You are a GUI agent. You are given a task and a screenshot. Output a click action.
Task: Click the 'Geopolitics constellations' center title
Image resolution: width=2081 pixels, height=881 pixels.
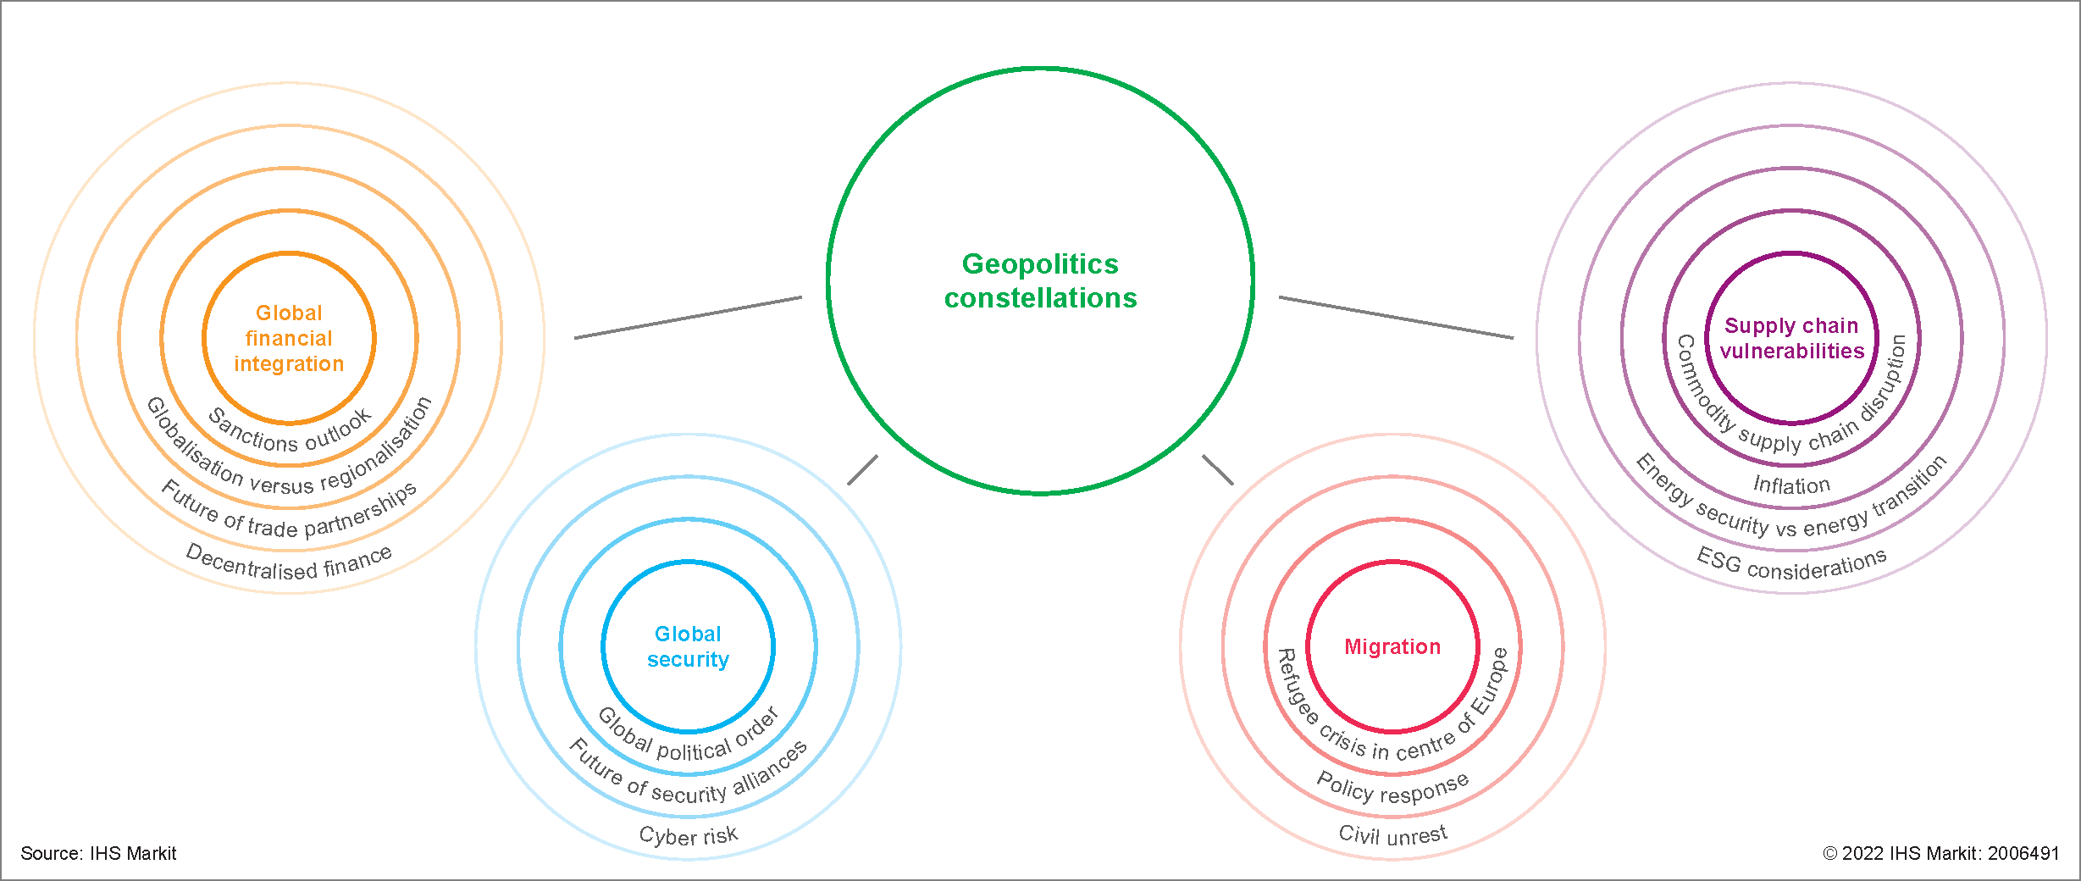(x=1040, y=281)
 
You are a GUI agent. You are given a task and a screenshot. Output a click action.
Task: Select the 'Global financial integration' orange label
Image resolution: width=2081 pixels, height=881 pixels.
(x=289, y=338)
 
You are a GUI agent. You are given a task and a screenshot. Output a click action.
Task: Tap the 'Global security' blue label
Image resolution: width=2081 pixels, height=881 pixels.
(x=688, y=646)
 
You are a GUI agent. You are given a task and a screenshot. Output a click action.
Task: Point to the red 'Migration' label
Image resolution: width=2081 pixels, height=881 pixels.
(x=1392, y=646)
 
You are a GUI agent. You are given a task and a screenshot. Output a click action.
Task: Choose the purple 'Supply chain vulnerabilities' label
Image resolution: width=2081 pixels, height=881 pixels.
(x=1791, y=338)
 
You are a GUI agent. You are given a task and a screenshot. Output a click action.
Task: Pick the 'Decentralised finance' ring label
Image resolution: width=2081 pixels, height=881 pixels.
(x=289, y=563)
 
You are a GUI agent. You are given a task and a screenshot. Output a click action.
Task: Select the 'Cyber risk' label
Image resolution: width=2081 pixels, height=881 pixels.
(x=689, y=835)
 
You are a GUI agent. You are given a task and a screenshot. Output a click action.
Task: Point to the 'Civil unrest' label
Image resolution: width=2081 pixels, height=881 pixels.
(x=1392, y=834)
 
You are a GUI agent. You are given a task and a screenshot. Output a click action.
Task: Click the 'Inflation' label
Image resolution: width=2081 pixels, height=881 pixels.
(x=1791, y=485)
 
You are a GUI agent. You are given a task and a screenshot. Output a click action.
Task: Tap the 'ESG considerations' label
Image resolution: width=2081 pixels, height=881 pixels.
(x=1791, y=563)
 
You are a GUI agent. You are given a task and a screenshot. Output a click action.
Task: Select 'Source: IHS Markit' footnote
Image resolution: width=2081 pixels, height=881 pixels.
(x=98, y=853)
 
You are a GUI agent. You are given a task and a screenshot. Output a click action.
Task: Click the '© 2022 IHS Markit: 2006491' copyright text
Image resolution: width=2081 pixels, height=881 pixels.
(x=1940, y=853)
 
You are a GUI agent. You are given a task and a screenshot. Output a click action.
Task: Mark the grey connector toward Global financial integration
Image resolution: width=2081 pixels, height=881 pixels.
(x=688, y=318)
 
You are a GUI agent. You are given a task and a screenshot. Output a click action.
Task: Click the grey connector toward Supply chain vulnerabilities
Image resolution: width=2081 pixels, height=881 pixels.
(x=1396, y=318)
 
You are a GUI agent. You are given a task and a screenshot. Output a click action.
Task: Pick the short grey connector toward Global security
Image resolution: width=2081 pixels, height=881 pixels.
(x=862, y=470)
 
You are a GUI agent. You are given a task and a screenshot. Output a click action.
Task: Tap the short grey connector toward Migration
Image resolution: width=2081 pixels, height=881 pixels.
(x=1218, y=470)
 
